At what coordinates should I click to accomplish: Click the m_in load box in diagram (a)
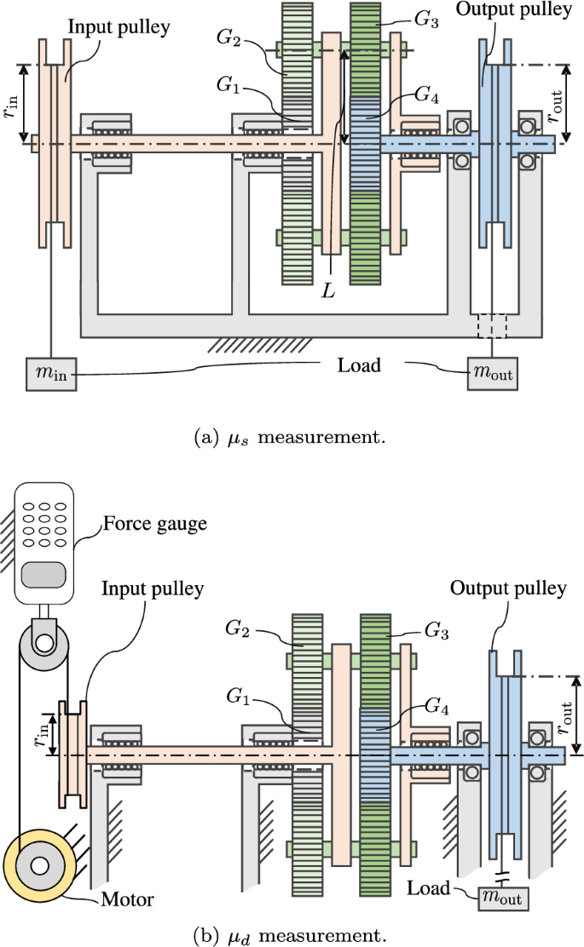pos(51,376)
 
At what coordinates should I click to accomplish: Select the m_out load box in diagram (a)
pos(491,373)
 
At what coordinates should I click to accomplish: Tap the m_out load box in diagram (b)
pos(502,897)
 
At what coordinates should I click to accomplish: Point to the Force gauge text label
pos(154,524)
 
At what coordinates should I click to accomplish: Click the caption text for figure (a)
pos(291,439)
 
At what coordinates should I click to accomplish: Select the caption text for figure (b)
pos(292,934)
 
